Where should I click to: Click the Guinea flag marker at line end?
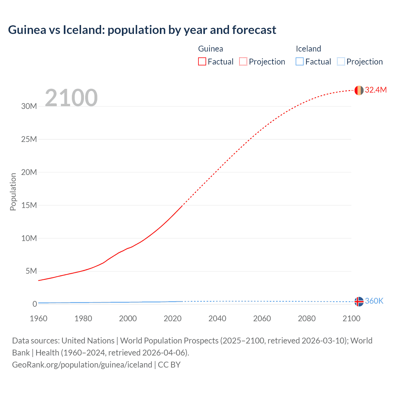point(359,90)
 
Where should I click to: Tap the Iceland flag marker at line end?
point(359,301)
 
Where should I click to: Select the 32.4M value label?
point(376,90)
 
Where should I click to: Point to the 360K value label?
point(374,301)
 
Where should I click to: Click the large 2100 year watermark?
point(71,98)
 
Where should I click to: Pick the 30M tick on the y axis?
point(29,106)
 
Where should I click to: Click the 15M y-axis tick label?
point(29,205)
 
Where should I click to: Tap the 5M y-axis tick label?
point(31,271)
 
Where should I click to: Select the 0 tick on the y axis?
point(35,304)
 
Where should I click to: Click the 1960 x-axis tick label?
point(39,318)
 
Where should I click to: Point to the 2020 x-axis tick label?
point(173,318)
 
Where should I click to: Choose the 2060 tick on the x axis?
point(262,318)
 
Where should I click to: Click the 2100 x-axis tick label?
point(351,318)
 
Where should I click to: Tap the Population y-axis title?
point(13,192)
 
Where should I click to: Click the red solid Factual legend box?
point(202,62)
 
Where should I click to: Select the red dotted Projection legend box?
point(243,62)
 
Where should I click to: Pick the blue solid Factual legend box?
point(300,62)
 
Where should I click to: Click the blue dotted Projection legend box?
point(341,62)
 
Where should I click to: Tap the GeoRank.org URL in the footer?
point(82,365)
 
